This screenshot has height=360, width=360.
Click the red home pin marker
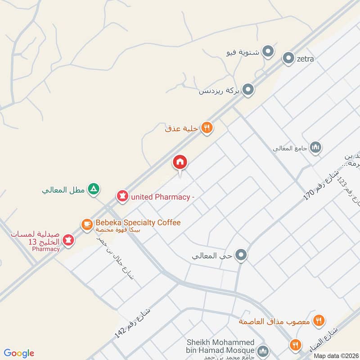tap(180, 162)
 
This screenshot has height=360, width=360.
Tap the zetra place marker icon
tap(288, 58)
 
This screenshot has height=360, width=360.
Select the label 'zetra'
tap(305, 58)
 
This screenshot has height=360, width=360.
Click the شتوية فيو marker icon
tap(269, 52)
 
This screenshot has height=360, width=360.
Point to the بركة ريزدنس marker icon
tap(248, 90)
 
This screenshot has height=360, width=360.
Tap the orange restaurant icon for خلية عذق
tap(207, 128)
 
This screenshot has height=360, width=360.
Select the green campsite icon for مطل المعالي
tap(93, 189)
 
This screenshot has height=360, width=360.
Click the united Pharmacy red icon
tap(121, 196)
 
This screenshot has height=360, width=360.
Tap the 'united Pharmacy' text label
tap(162, 197)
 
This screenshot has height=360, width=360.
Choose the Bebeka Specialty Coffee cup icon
tap(86, 223)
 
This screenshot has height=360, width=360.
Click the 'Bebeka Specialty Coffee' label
tap(138, 223)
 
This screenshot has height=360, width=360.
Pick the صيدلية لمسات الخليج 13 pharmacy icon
tap(68, 240)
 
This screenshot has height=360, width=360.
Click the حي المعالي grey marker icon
tap(242, 256)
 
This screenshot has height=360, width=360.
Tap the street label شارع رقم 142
tap(133, 323)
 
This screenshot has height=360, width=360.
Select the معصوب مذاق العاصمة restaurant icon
tap(319, 320)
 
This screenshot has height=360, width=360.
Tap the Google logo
tap(19, 353)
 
